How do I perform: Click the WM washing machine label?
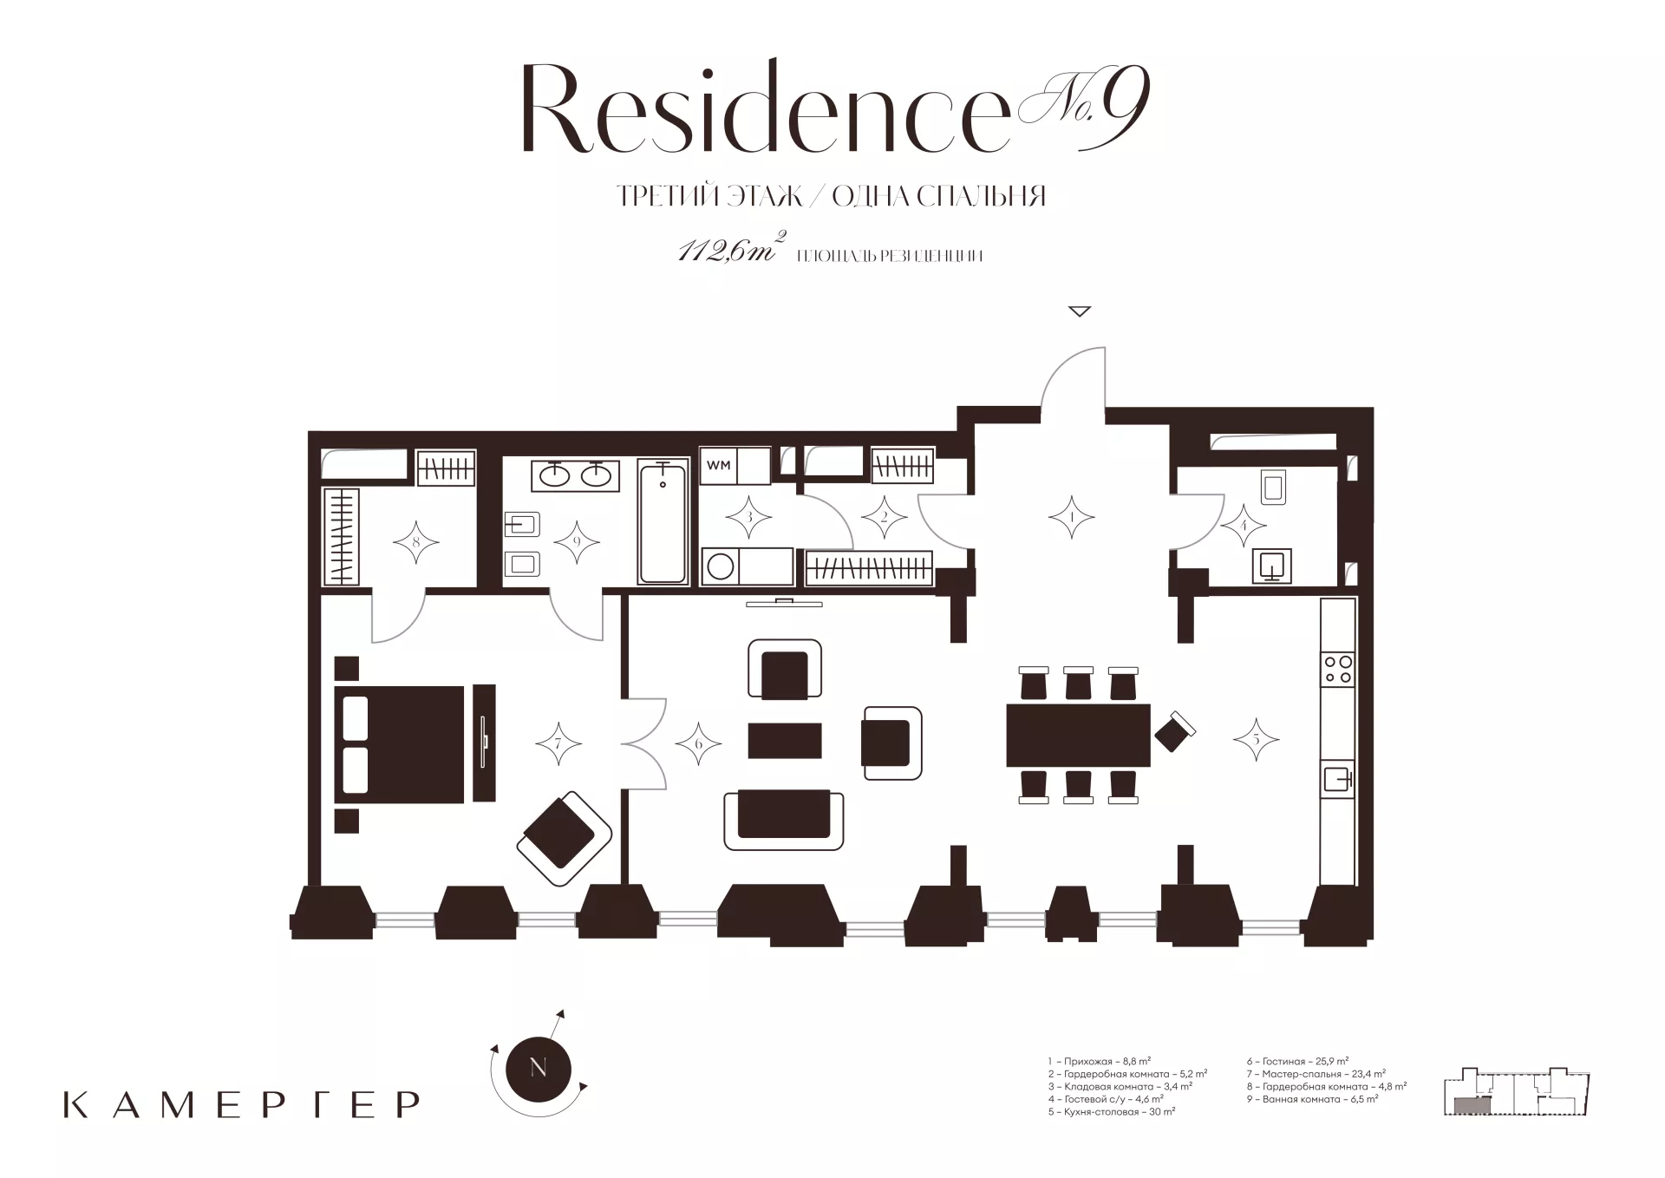[718, 465]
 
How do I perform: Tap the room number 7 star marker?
[558, 743]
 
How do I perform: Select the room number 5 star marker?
[1256, 739]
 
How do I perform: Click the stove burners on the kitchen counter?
[1337, 669]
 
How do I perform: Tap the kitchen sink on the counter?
[1337, 779]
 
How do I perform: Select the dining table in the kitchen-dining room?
[1078, 735]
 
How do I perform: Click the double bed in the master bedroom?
[399, 744]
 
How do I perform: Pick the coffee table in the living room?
[785, 740]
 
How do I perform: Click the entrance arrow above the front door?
[1079, 311]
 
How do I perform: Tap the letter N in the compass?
[538, 1068]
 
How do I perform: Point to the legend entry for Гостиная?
[1297, 1061]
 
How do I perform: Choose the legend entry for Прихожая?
[1099, 1061]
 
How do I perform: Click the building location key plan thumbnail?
[1517, 1091]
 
